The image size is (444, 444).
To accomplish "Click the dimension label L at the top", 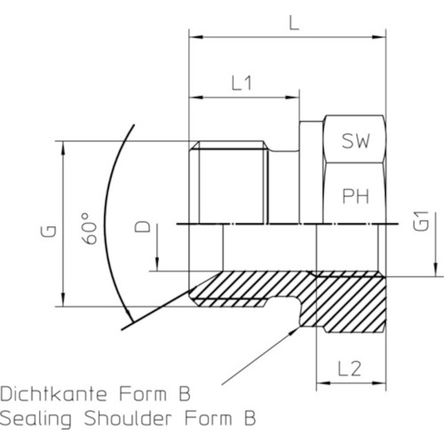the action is point(294,23).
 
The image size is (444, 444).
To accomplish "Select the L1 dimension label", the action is point(241,84).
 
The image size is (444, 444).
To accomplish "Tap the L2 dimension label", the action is point(350,369).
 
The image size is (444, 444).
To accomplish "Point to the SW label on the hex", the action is point(356,141).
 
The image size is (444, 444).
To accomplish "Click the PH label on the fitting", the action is point(356,196).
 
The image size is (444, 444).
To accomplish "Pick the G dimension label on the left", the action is point(49,231).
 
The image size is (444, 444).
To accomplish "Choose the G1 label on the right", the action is point(421,221).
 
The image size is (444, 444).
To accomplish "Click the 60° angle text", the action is point(89,229).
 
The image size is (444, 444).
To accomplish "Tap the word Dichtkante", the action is point(53,393).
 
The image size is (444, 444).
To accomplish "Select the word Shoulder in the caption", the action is point(128,418).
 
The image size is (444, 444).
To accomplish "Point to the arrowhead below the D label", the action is point(158,265).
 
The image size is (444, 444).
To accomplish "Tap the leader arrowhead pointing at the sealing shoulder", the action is point(295,331).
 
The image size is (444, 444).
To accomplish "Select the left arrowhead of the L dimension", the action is point(196,37).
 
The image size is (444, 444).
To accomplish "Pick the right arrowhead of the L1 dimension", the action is point(292,98).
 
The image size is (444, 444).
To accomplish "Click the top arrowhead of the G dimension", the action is point(63,148).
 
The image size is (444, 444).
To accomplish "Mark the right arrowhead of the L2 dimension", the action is point(379,383).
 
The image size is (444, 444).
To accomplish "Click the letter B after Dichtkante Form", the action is point(185,393).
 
